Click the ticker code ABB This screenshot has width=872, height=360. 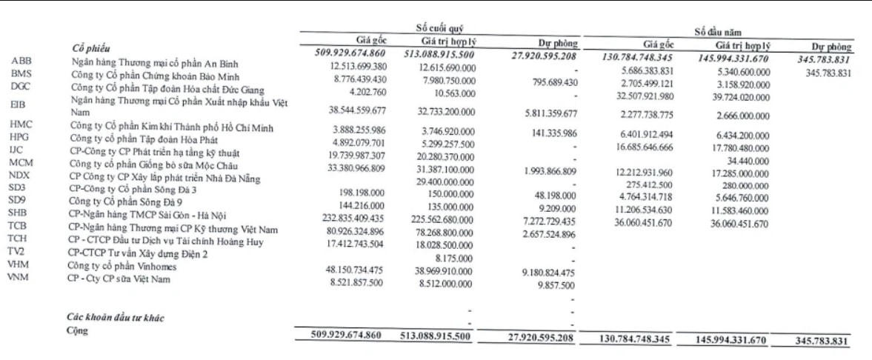[x=21, y=59]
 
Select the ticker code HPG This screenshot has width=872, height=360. [x=20, y=137]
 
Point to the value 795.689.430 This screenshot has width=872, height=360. [x=545, y=82]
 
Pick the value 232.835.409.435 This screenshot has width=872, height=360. [x=348, y=219]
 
